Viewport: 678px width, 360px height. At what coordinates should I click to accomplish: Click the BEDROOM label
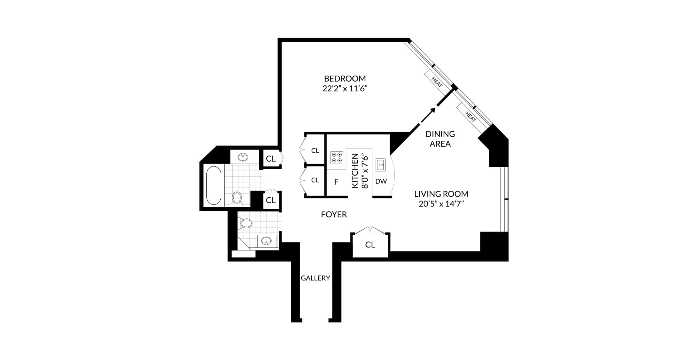coord(345,78)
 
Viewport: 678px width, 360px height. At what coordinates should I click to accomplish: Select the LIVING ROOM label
coord(441,194)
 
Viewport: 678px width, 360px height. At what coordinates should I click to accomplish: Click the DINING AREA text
coord(440,139)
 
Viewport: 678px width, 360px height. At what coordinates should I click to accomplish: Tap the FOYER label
coord(334,215)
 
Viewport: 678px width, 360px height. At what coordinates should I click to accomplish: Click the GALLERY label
coord(315,278)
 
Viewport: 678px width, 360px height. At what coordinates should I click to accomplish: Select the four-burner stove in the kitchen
coord(337,157)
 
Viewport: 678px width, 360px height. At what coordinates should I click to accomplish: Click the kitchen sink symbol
coord(380,164)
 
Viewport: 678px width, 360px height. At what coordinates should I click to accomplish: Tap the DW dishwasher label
coord(381,181)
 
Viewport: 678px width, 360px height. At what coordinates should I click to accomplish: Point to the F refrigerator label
coord(336,182)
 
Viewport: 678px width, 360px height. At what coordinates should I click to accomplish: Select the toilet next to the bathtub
coord(237,198)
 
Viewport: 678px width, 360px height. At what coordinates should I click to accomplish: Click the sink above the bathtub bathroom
coord(243,157)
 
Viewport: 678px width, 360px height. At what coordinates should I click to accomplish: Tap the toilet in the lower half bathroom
coord(246,223)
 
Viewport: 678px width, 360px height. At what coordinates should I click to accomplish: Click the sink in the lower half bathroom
coord(266,241)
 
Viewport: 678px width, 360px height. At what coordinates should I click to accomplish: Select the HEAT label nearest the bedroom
coord(437,82)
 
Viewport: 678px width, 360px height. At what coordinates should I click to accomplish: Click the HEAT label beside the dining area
coord(470,117)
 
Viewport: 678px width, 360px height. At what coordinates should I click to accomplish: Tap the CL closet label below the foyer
coord(370,244)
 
